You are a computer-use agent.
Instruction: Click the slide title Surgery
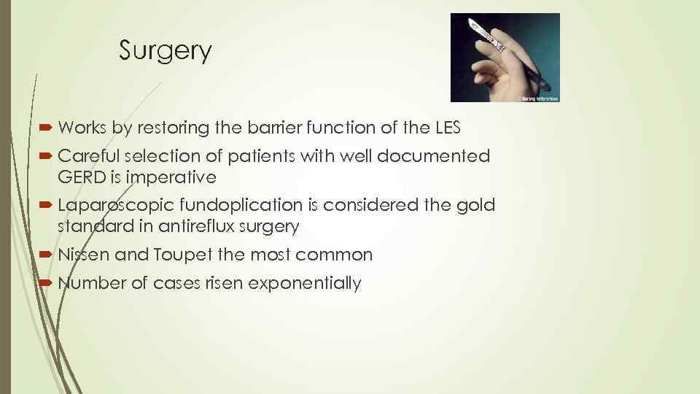[x=165, y=51]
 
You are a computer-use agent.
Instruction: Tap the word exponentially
[x=305, y=283]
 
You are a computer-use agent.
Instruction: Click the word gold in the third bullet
[x=478, y=206]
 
